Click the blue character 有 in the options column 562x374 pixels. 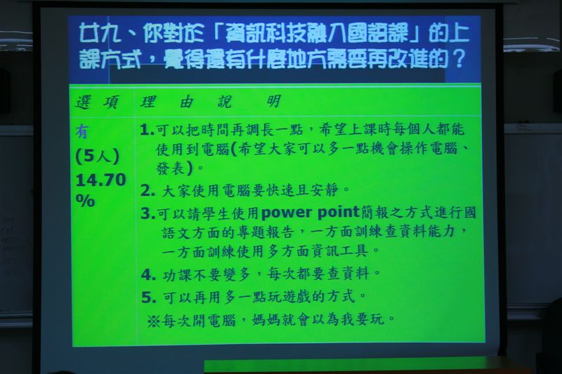pyautogui.click(x=82, y=132)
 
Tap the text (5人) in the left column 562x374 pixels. pyautogui.click(x=97, y=156)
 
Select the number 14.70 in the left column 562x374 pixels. pyautogui.click(x=100, y=180)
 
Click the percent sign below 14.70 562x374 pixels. pyautogui.click(x=85, y=201)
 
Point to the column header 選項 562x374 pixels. pyautogui.click(x=97, y=102)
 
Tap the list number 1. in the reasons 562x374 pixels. pyautogui.click(x=147, y=130)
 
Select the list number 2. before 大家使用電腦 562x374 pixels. pyautogui.click(x=148, y=190)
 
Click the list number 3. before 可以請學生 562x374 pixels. pyautogui.click(x=148, y=213)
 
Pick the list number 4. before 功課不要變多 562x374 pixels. pyautogui.click(x=148, y=274)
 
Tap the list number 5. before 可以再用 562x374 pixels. pyautogui.click(x=149, y=297)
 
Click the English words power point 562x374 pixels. pyautogui.click(x=311, y=213)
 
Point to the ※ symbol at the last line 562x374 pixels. pyautogui.click(x=153, y=320)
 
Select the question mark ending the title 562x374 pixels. pyautogui.click(x=459, y=58)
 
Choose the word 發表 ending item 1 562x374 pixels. pyautogui.click(x=171, y=168)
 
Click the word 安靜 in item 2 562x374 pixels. pyautogui.click(x=325, y=189)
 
